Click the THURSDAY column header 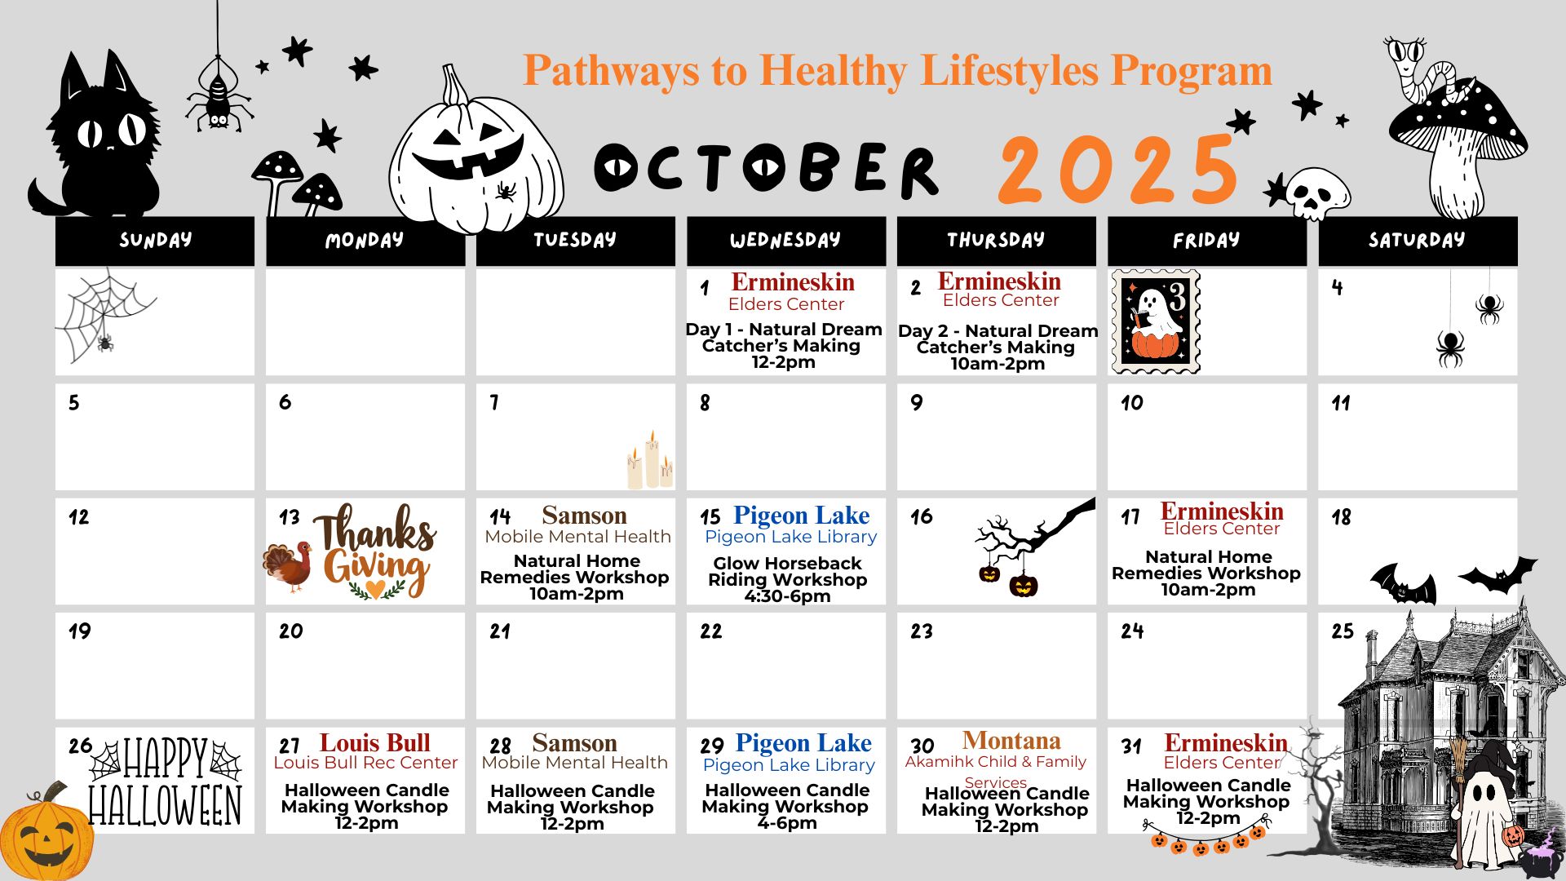pyautogui.click(x=996, y=241)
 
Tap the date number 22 pyautogui.click(x=710, y=631)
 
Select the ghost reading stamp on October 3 pyautogui.click(x=1156, y=321)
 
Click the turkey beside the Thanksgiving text pyautogui.click(x=288, y=564)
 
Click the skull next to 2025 pyautogui.click(x=1316, y=194)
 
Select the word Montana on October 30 pyautogui.click(x=1011, y=741)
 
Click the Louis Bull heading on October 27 pyautogui.click(x=374, y=743)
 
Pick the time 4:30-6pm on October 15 pyautogui.click(x=787, y=596)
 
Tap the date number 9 pyautogui.click(x=917, y=403)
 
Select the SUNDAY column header pyautogui.click(x=155, y=241)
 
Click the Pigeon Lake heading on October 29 pyautogui.click(x=803, y=743)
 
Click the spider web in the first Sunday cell pyautogui.click(x=104, y=315)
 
